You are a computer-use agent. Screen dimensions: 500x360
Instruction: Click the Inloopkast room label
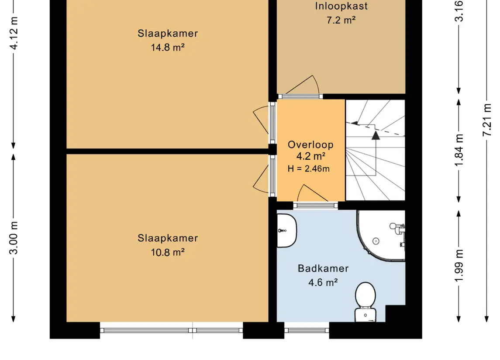point(341,6)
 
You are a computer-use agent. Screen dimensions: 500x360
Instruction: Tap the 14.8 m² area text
point(168,48)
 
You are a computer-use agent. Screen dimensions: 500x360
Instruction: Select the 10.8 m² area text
point(168,252)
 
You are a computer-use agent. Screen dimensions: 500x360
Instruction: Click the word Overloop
point(310,144)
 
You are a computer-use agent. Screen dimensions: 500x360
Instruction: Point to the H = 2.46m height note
point(309,168)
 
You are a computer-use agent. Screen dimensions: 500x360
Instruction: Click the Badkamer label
point(323,268)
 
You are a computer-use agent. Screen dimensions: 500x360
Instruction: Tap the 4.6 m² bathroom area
point(323,282)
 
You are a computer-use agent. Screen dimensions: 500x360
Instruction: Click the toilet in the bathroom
point(366,302)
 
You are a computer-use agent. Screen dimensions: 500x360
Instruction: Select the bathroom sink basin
point(286,231)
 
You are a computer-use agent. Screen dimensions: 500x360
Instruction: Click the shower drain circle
point(376,241)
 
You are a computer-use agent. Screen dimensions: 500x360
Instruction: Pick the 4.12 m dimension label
point(14,34)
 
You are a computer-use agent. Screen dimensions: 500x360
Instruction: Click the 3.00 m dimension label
point(14,238)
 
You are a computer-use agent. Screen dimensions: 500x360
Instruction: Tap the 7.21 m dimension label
point(487,120)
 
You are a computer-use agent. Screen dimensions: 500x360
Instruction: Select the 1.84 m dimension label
point(459,150)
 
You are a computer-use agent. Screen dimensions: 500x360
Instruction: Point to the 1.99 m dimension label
point(459,265)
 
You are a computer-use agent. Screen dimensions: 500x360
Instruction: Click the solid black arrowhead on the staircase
point(376,135)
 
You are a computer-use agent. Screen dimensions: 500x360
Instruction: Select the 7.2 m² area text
point(341,20)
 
